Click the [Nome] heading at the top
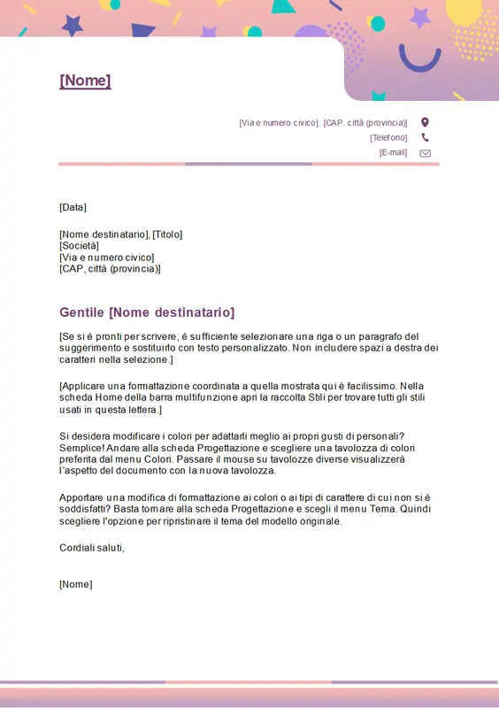[x=85, y=81]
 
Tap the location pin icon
[x=425, y=122]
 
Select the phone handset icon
[x=425, y=137]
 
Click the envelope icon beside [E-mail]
[x=425, y=152]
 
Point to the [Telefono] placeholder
[x=388, y=137]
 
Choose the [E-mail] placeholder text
[x=393, y=152]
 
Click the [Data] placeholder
[x=73, y=207]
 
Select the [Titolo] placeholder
[x=167, y=235]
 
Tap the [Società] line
[x=79, y=246]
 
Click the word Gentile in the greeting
[x=82, y=312]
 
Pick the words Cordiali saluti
[x=92, y=548]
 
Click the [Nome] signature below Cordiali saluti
[x=75, y=584]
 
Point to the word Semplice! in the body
[x=82, y=448]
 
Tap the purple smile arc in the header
[x=419, y=60]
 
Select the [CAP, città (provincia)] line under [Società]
[x=110, y=268]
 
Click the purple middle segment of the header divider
[x=249, y=164]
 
